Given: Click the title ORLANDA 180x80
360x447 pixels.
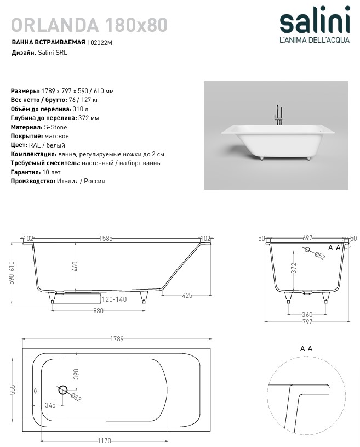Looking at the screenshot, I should pyautogui.click(x=89, y=25).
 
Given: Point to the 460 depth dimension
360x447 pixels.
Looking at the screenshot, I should pyautogui.click(x=75, y=266).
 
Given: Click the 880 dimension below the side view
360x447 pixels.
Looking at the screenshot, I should pyautogui.click(x=99, y=310).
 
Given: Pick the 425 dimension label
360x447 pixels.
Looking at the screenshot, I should pyautogui.click(x=187, y=296).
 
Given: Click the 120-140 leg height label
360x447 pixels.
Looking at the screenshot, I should pyautogui.click(x=114, y=299).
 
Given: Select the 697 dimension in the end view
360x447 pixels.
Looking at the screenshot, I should pyautogui.click(x=307, y=239).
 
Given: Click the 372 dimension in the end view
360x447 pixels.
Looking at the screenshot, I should pyautogui.click(x=294, y=268).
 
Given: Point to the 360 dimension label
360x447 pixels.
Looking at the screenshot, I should pyautogui.click(x=307, y=314).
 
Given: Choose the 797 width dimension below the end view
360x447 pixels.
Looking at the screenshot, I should pyautogui.click(x=307, y=322).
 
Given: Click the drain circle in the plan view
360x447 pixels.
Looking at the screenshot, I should pyautogui.click(x=62, y=391).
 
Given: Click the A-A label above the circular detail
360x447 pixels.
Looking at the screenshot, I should pyautogui.click(x=306, y=348).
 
